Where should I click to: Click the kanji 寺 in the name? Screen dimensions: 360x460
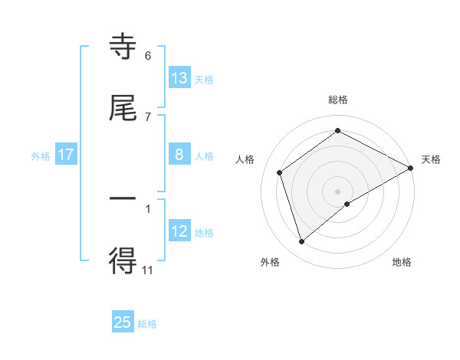coord(123,47)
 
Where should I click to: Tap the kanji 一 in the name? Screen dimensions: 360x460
coord(123,199)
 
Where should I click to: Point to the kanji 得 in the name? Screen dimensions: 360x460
coord(123,262)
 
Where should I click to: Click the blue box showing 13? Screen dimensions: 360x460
coord(179,77)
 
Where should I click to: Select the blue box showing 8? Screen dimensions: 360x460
coord(179,155)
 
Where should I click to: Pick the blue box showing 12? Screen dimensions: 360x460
coord(179,231)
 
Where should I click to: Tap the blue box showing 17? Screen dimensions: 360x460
coord(66,155)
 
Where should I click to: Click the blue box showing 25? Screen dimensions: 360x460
coord(123,322)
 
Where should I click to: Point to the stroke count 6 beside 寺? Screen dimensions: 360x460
coord(148,56)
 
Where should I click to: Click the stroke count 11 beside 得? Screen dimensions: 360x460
coord(148,270)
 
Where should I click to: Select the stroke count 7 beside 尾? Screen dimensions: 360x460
coord(148,116)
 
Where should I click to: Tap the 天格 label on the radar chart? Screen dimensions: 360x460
coord(431,159)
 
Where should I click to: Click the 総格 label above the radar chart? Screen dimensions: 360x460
coord(338,100)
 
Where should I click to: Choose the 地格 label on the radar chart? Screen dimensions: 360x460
coord(402,262)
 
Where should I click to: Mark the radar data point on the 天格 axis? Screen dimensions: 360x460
coord(411,168)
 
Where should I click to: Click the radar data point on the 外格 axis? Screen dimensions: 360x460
coord(302,242)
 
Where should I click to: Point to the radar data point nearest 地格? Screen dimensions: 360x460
coord(347,204)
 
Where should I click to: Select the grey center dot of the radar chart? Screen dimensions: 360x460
coord(338,191)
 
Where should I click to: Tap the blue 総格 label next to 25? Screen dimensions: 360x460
coord(147,324)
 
